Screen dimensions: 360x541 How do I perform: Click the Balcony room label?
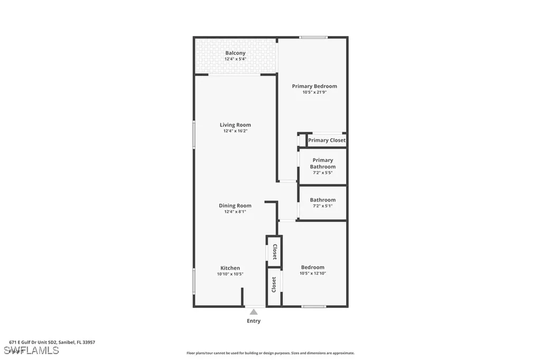coord(235,53)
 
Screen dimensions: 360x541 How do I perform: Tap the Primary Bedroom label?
coord(314,86)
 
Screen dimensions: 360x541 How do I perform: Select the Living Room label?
coord(235,125)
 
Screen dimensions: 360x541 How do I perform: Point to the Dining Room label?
coord(235,205)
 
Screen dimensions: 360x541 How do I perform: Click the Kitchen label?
coord(230,268)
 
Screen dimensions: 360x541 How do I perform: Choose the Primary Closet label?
coord(327,140)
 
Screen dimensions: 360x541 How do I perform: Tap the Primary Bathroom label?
coord(322,163)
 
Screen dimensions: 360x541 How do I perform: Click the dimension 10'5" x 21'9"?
coord(314,92)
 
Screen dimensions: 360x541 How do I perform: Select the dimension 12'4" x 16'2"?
coord(235,131)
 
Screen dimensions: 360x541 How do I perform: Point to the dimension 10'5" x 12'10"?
coord(312,273)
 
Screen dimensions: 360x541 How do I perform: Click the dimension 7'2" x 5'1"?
coord(322,206)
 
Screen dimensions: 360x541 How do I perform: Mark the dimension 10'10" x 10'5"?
coord(230,274)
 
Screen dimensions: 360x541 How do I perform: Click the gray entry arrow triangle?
coord(254,312)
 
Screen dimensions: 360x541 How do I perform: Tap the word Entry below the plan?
coord(254,321)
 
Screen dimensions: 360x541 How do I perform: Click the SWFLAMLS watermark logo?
coord(31,350)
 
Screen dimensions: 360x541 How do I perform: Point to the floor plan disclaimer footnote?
coord(270,353)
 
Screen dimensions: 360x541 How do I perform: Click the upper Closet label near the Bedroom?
coord(274,251)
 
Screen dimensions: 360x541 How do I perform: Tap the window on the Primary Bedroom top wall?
coord(313,37)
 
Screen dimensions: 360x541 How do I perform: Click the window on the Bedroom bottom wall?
coord(313,306)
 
